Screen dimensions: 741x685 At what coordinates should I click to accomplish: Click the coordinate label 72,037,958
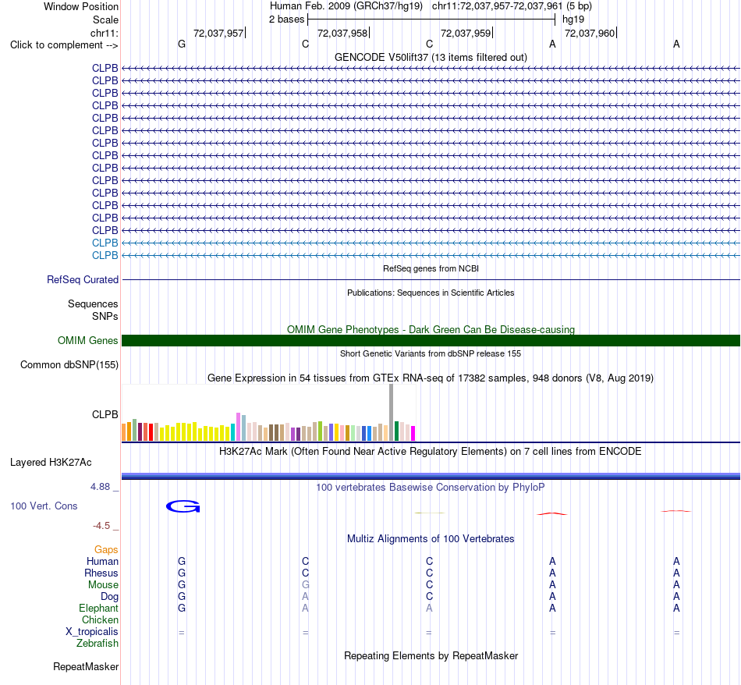342,33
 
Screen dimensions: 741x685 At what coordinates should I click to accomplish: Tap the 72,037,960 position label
590,33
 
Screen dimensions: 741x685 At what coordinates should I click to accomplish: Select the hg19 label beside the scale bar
573,20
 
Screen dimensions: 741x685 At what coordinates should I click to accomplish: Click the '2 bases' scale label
286,20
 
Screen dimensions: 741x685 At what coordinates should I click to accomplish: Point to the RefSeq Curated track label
83,280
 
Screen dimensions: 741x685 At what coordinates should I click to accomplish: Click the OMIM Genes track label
88,340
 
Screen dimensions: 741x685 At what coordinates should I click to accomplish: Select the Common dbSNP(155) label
69,365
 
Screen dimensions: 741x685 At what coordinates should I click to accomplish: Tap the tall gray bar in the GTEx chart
392,412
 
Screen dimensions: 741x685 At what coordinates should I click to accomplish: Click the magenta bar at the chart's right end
413,434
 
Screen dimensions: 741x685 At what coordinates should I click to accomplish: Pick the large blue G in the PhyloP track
183,507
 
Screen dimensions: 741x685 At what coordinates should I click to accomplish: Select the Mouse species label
103,585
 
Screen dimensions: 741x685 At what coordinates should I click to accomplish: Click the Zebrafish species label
97,644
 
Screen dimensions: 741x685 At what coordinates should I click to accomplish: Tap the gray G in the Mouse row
305,585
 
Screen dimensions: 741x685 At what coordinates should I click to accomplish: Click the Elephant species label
99,609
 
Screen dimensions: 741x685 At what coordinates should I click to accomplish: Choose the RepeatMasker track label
86,666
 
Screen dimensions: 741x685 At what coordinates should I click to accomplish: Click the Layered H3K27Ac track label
51,463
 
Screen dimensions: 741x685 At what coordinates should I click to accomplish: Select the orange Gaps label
106,550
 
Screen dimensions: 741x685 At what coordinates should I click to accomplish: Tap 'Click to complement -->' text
64,45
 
